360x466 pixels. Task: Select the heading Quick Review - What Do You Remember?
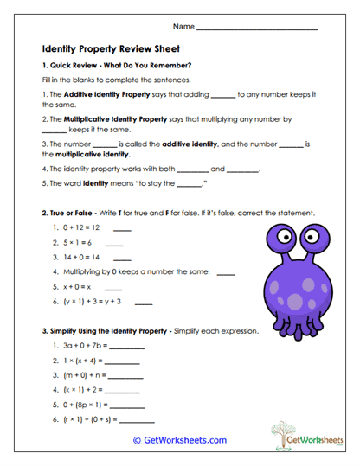[120, 66]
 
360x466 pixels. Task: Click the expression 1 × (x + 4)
[82, 361]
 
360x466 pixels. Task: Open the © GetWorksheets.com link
[180, 440]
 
